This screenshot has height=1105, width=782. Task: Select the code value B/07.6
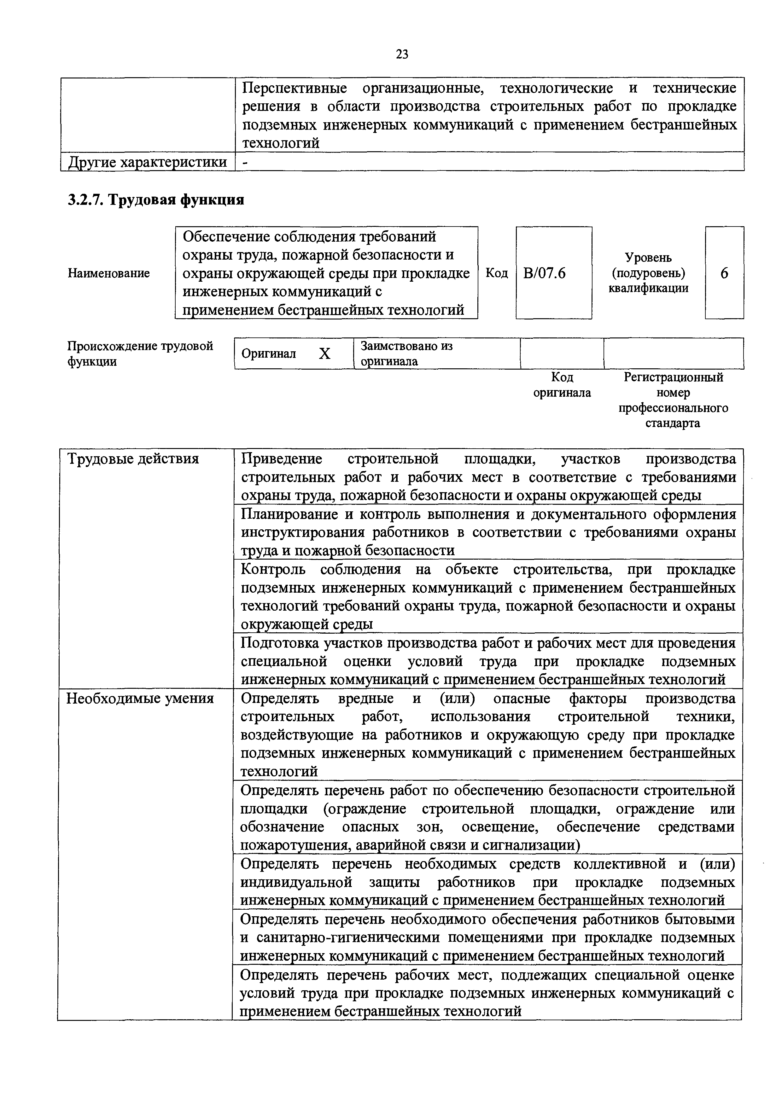pos(544,273)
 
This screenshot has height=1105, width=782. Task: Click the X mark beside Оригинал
pos(325,354)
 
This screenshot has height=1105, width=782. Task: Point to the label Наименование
pos(109,273)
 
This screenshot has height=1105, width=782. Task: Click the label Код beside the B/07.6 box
pos(496,273)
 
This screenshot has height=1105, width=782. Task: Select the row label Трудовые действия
pos(133,459)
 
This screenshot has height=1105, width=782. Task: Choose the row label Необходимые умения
pos(140,698)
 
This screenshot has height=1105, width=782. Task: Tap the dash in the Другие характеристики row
pos(245,163)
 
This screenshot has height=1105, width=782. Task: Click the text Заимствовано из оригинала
pos(407,354)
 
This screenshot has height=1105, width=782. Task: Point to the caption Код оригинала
pos(562,385)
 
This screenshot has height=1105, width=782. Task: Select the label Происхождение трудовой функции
pos(140,354)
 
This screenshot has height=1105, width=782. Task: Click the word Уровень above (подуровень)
pos(648,258)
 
